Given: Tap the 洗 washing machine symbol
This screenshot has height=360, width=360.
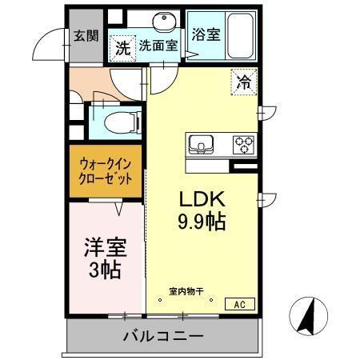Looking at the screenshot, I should tap(122, 48).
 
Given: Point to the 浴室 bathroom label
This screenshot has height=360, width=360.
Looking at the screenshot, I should tap(206, 34).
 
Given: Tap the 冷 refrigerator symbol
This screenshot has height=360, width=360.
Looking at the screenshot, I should tap(243, 80).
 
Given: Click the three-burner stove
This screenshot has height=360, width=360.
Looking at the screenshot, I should tap(243, 145).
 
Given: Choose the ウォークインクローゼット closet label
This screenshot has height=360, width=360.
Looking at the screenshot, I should tap(105, 171).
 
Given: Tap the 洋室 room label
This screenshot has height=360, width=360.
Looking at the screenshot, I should tap(104, 246).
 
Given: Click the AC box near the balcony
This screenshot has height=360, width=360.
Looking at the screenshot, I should tap(241, 304).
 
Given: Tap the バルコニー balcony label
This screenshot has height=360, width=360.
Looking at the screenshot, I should tap(163, 335).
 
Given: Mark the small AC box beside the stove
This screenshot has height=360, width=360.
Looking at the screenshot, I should tap(242, 167).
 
